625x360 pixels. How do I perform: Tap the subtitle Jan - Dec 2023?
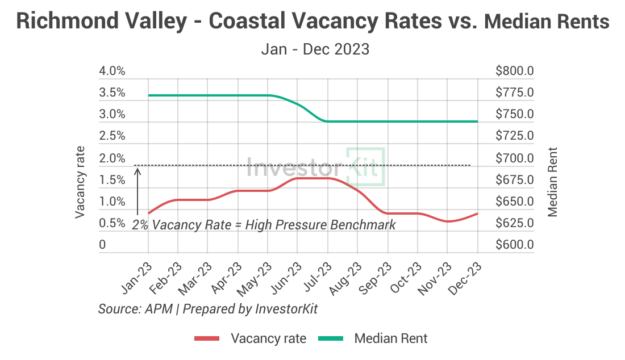click(315, 49)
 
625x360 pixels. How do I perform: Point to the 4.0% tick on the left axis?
click(112, 72)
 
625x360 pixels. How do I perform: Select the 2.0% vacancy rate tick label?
click(112, 158)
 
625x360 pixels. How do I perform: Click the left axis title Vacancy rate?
click(80, 182)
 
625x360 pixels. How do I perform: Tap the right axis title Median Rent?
click(552, 182)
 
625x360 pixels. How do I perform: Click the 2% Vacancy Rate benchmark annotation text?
click(264, 225)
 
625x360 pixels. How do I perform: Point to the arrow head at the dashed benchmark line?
click(137, 169)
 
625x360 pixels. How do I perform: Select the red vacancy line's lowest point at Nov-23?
click(448, 221)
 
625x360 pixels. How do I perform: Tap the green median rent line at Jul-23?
click(327, 121)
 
